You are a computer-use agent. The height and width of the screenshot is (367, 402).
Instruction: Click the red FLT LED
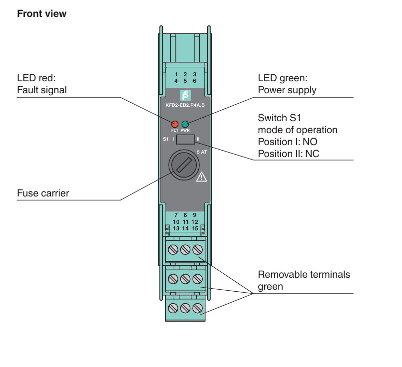[175, 124]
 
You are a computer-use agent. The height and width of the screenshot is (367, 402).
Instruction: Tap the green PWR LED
[185, 124]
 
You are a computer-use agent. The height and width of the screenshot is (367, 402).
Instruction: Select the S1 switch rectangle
[186, 139]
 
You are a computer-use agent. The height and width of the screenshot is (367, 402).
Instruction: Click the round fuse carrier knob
[184, 165]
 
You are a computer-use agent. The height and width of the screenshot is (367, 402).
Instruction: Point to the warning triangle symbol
[202, 177]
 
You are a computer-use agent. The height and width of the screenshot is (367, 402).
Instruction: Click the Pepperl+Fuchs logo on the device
[185, 95]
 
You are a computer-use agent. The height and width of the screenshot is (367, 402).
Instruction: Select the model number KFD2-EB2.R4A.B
[185, 105]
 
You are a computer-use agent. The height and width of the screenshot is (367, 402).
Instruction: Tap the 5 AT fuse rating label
[202, 152]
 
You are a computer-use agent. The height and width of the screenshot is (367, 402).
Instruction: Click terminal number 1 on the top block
[176, 74]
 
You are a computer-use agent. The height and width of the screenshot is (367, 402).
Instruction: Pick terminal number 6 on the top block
[195, 81]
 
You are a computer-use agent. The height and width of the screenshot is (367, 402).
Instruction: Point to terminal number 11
[186, 222]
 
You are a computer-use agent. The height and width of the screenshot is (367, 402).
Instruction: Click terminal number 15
[195, 228]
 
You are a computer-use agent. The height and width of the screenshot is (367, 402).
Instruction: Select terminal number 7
[176, 215]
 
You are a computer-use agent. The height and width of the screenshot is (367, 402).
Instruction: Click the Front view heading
[42, 13]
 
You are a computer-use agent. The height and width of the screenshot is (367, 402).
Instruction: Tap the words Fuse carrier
[43, 193]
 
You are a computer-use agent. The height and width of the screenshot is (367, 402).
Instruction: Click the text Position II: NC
[289, 154]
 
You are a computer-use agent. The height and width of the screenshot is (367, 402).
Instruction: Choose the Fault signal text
[42, 90]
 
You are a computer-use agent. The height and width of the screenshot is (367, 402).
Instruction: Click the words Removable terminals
[304, 274]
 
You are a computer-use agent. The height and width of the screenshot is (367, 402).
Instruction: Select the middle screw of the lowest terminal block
[185, 308]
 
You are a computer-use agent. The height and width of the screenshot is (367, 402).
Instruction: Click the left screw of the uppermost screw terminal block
[173, 249]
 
